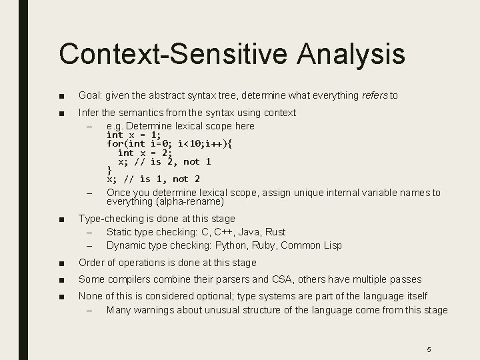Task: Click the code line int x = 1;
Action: click(134, 135)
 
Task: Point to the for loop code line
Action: click(169, 143)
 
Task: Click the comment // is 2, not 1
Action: click(175, 161)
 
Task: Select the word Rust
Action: click(274, 232)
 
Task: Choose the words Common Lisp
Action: click(311, 245)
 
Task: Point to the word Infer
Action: click(89, 113)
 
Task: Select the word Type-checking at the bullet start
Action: click(110, 219)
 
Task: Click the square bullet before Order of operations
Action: click(61, 263)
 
